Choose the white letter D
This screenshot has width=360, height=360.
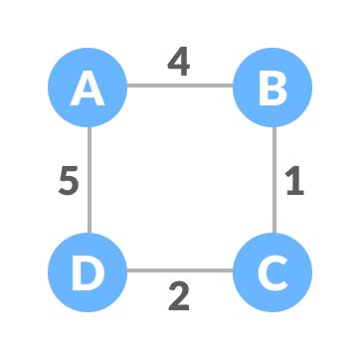(89, 271)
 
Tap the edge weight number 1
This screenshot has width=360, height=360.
(293, 182)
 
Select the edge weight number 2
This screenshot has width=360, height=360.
(179, 296)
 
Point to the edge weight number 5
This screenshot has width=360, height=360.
(67, 182)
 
